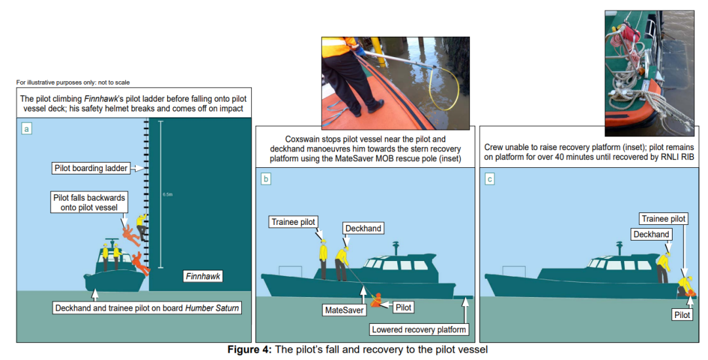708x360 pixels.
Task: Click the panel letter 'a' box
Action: click(27, 129)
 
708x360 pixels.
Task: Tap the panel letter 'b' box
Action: click(265, 178)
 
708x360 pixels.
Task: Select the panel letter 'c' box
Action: click(490, 178)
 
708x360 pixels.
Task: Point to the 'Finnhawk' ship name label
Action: click(202, 277)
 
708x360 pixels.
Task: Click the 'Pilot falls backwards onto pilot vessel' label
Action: click(88, 202)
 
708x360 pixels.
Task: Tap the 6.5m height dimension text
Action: click(167, 195)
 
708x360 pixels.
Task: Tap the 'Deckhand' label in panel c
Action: click(651, 234)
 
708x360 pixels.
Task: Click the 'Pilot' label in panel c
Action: click(682, 315)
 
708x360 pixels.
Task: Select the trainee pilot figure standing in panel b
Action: click(323, 259)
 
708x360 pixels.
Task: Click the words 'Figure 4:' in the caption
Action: click(249, 350)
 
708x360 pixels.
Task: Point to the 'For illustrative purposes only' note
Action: click(73, 82)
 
